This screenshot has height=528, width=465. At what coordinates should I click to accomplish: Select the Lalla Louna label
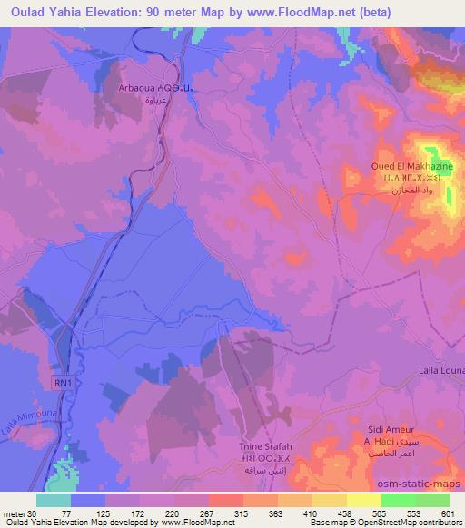tap(441, 372)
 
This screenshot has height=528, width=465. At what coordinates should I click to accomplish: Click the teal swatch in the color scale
tap(54, 500)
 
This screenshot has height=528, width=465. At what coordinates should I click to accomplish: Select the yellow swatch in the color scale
tap(363, 500)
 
